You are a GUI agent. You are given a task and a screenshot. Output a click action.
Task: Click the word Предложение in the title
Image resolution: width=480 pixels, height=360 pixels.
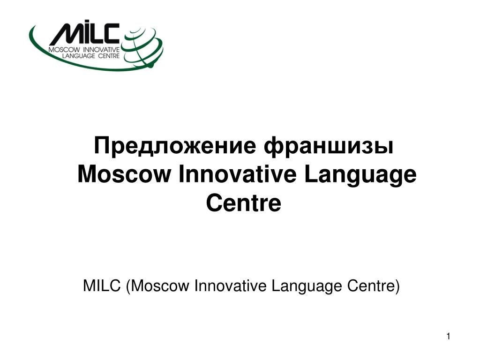point(175,147)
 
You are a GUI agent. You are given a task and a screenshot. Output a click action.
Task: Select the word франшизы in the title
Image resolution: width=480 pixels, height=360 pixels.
point(329,147)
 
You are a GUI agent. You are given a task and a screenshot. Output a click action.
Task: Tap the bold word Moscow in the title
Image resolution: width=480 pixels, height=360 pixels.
point(124,174)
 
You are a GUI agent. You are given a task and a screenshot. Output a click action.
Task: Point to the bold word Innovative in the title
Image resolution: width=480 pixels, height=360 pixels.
point(238,174)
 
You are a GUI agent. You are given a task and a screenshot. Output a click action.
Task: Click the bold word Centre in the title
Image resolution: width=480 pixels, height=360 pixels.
point(244,203)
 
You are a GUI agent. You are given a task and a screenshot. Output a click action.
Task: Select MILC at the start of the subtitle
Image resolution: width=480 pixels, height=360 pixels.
point(102,286)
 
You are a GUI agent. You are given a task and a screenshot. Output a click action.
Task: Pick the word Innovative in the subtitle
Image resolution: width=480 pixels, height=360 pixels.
point(230,286)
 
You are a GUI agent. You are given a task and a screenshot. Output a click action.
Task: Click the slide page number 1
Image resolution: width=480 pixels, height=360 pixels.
point(448,337)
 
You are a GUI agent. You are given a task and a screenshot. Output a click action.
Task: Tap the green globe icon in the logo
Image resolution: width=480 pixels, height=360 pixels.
point(142,46)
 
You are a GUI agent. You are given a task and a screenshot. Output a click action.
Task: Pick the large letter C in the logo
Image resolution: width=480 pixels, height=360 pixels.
point(109,33)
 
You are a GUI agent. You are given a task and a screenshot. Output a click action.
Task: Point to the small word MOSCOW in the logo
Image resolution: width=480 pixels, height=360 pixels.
point(64,50)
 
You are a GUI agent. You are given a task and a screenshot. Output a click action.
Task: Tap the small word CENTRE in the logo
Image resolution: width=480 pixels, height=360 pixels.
point(109,56)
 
